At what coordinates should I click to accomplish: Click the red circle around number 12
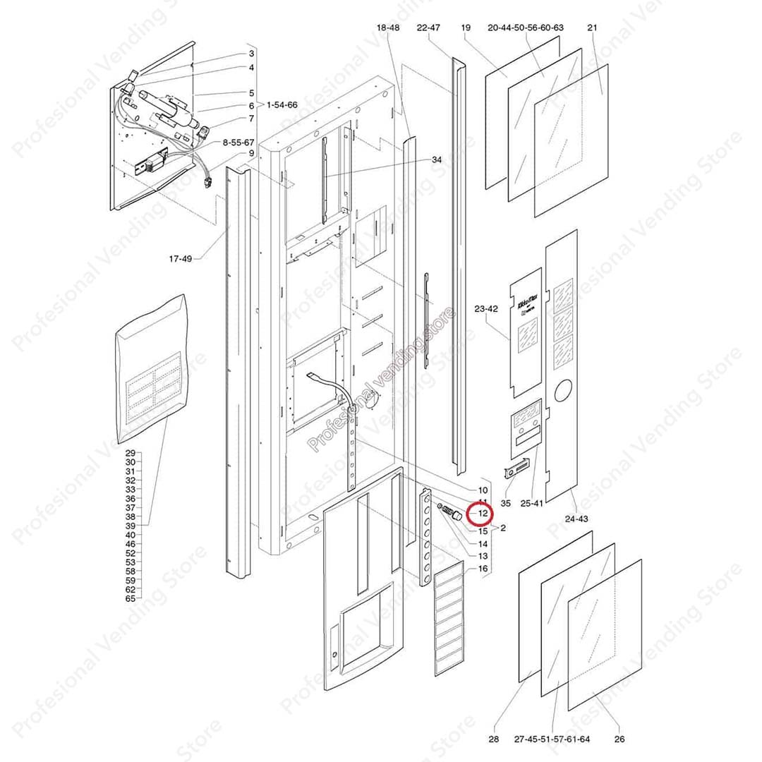pyautogui.click(x=483, y=513)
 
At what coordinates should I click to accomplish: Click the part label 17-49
pyautogui.click(x=180, y=259)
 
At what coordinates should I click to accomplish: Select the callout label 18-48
pyautogui.click(x=388, y=28)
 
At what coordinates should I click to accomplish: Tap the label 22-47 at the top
pyautogui.click(x=428, y=28)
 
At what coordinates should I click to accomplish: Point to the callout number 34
pyautogui.click(x=437, y=160)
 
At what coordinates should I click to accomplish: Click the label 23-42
pyautogui.click(x=486, y=309)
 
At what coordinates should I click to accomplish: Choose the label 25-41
pyautogui.click(x=531, y=503)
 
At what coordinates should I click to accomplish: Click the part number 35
pyautogui.click(x=506, y=503)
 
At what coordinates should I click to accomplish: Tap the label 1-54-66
pyautogui.click(x=282, y=104)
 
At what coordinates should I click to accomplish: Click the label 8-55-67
pyautogui.click(x=238, y=142)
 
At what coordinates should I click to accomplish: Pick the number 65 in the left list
pyautogui.click(x=131, y=598)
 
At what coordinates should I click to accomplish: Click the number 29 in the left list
pyautogui.click(x=131, y=453)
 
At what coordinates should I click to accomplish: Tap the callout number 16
pyautogui.click(x=483, y=569)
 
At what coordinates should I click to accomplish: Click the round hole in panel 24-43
pyautogui.click(x=563, y=391)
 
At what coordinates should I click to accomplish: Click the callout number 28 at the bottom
pyautogui.click(x=493, y=739)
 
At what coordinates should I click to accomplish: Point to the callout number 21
pyautogui.click(x=592, y=28)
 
